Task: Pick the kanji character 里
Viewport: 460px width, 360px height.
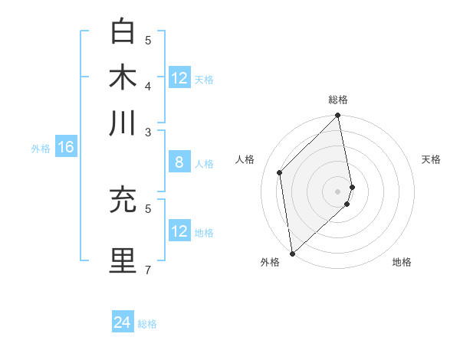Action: (123, 260)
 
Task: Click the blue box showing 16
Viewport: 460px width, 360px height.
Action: (66, 147)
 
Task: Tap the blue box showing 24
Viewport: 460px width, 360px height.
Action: (123, 322)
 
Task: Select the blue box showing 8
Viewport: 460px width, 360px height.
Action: (179, 162)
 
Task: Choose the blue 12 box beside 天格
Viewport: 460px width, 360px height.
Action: (179, 78)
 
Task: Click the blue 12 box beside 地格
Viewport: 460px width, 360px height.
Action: (179, 231)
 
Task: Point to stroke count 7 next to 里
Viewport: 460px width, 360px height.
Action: (148, 270)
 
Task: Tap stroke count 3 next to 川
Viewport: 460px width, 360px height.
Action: (148, 132)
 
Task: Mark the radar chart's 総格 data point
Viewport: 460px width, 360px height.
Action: (337, 116)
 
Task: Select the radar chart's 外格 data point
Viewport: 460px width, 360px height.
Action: (292, 253)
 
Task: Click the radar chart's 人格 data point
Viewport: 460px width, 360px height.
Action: (280, 172)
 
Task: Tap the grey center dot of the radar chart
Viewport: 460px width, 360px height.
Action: (337, 191)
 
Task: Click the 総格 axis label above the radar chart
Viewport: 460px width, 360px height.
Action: (337, 100)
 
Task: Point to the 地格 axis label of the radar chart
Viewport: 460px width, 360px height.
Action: (402, 262)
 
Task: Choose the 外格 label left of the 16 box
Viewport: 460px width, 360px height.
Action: (40, 148)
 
